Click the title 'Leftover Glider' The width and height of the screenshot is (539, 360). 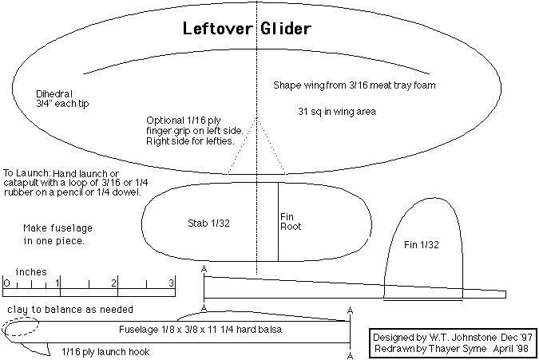[246, 30]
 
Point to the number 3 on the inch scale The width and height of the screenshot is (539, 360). [171, 283]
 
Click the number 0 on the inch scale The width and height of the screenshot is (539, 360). [6, 283]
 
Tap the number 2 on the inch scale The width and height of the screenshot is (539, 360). [115, 283]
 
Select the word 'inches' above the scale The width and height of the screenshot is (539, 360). [31, 271]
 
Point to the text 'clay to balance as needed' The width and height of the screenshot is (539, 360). [70, 309]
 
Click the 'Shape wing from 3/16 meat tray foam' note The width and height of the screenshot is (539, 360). [353, 85]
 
